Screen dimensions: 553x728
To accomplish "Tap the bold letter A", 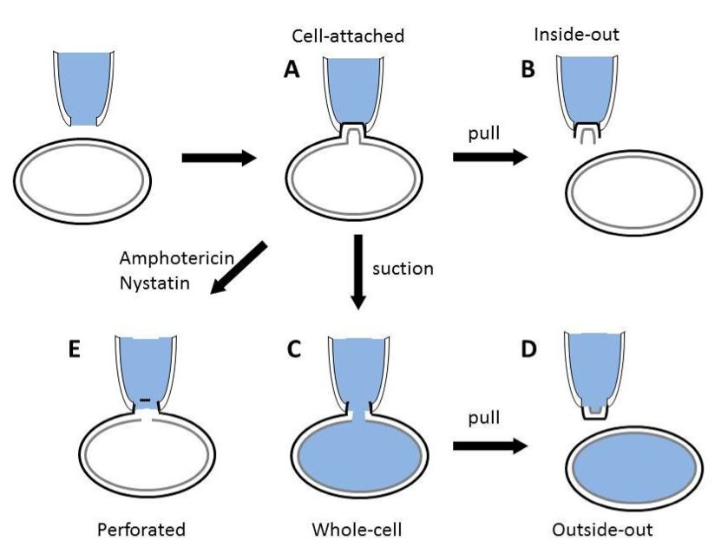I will pos(294,71).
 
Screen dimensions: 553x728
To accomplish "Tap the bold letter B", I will pos(526,71).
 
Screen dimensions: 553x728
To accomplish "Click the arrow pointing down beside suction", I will pos(358,270).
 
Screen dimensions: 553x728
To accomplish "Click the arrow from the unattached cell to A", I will pos(218,158).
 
